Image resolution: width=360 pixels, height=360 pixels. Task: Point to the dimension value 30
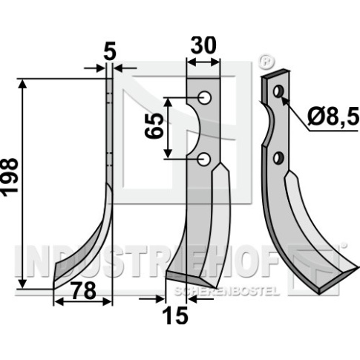tap(203, 45)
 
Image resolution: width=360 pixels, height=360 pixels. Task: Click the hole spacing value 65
tap(154, 126)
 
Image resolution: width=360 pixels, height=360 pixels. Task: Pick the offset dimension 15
tap(175, 315)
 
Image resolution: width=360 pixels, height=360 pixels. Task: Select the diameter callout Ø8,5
tap(333, 117)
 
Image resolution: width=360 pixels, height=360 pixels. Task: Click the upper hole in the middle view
tap(204, 98)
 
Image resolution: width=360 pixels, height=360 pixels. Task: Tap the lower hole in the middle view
tap(204, 159)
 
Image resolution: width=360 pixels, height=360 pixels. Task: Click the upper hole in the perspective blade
tap(278, 91)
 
